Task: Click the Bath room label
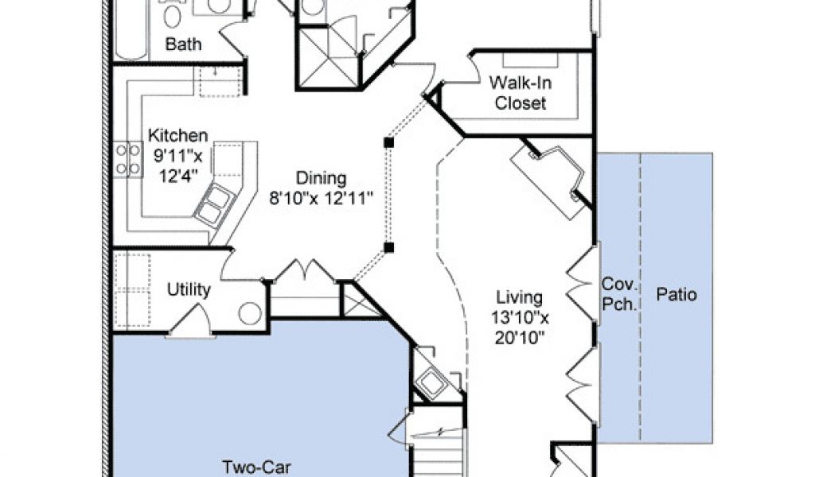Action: point(183,44)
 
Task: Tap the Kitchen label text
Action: point(177,135)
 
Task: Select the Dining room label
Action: point(322,177)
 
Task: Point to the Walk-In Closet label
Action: point(521,93)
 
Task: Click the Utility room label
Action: point(189,289)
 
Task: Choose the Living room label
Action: point(519,297)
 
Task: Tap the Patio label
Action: point(677,294)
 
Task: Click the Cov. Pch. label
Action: point(619,294)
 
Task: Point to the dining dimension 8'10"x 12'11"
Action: point(322,198)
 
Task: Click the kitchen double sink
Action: point(215,204)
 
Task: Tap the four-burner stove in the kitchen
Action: point(128,159)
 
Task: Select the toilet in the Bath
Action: point(173,14)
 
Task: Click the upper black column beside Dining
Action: point(388,142)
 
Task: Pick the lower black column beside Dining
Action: point(388,247)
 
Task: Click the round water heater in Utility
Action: point(250,313)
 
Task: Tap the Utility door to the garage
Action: point(190,321)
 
